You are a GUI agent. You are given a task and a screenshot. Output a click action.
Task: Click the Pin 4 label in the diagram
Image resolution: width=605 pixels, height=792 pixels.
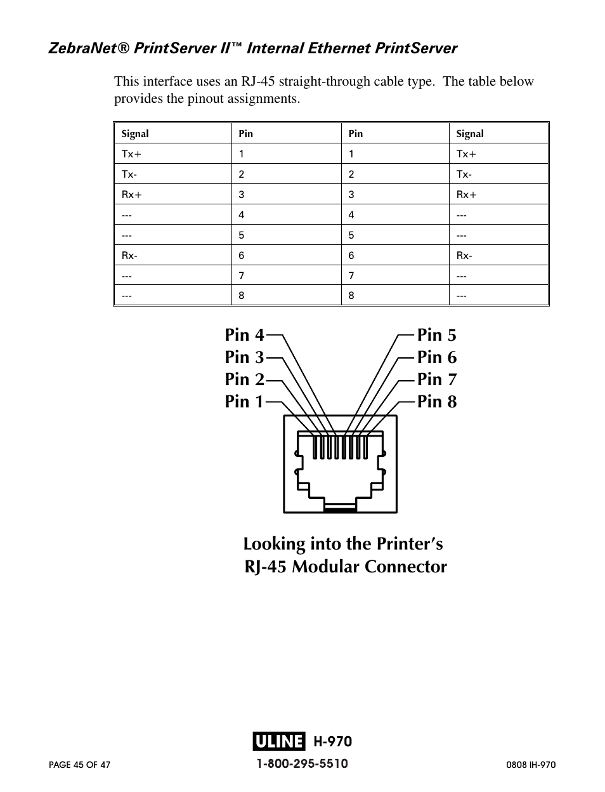[x=244, y=335]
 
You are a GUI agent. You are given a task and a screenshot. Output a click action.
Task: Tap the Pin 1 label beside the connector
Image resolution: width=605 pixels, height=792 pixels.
[x=244, y=402]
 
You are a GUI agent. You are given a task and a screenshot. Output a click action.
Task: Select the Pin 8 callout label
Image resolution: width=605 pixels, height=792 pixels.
[x=437, y=402]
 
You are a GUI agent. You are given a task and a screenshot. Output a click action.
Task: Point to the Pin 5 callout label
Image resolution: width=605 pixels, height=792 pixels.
[x=437, y=335]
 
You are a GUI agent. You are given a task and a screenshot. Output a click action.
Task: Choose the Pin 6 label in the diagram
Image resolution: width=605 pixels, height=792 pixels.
[x=437, y=357]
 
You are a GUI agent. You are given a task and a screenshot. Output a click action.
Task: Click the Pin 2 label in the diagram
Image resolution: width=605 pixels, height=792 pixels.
[x=244, y=379]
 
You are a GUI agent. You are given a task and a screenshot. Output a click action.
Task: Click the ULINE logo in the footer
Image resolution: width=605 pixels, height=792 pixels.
[x=278, y=741]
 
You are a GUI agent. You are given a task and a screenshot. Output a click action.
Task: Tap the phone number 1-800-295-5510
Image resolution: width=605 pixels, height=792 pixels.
[x=302, y=763]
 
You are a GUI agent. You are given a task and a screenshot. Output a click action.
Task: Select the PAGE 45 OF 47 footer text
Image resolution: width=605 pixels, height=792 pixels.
[x=80, y=765]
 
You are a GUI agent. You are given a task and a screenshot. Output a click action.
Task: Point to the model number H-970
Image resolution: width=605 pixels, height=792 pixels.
[x=332, y=741]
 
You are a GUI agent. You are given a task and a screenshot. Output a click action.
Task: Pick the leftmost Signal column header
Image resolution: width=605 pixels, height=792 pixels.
[x=135, y=134]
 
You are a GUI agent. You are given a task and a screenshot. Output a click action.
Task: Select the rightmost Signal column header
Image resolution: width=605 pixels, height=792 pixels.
[x=470, y=134]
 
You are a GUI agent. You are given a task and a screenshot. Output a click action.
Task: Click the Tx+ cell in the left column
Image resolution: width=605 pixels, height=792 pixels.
[x=131, y=154]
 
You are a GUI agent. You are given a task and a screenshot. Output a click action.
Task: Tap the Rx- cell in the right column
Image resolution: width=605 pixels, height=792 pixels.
[x=464, y=256]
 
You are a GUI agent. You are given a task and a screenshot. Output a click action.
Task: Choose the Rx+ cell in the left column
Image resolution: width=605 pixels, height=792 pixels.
[x=131, y=195]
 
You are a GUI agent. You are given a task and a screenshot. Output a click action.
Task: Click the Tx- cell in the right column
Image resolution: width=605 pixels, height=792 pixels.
[x=464, y=175]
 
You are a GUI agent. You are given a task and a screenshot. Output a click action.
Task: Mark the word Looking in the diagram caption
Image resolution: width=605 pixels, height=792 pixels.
[x=275, y=544]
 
